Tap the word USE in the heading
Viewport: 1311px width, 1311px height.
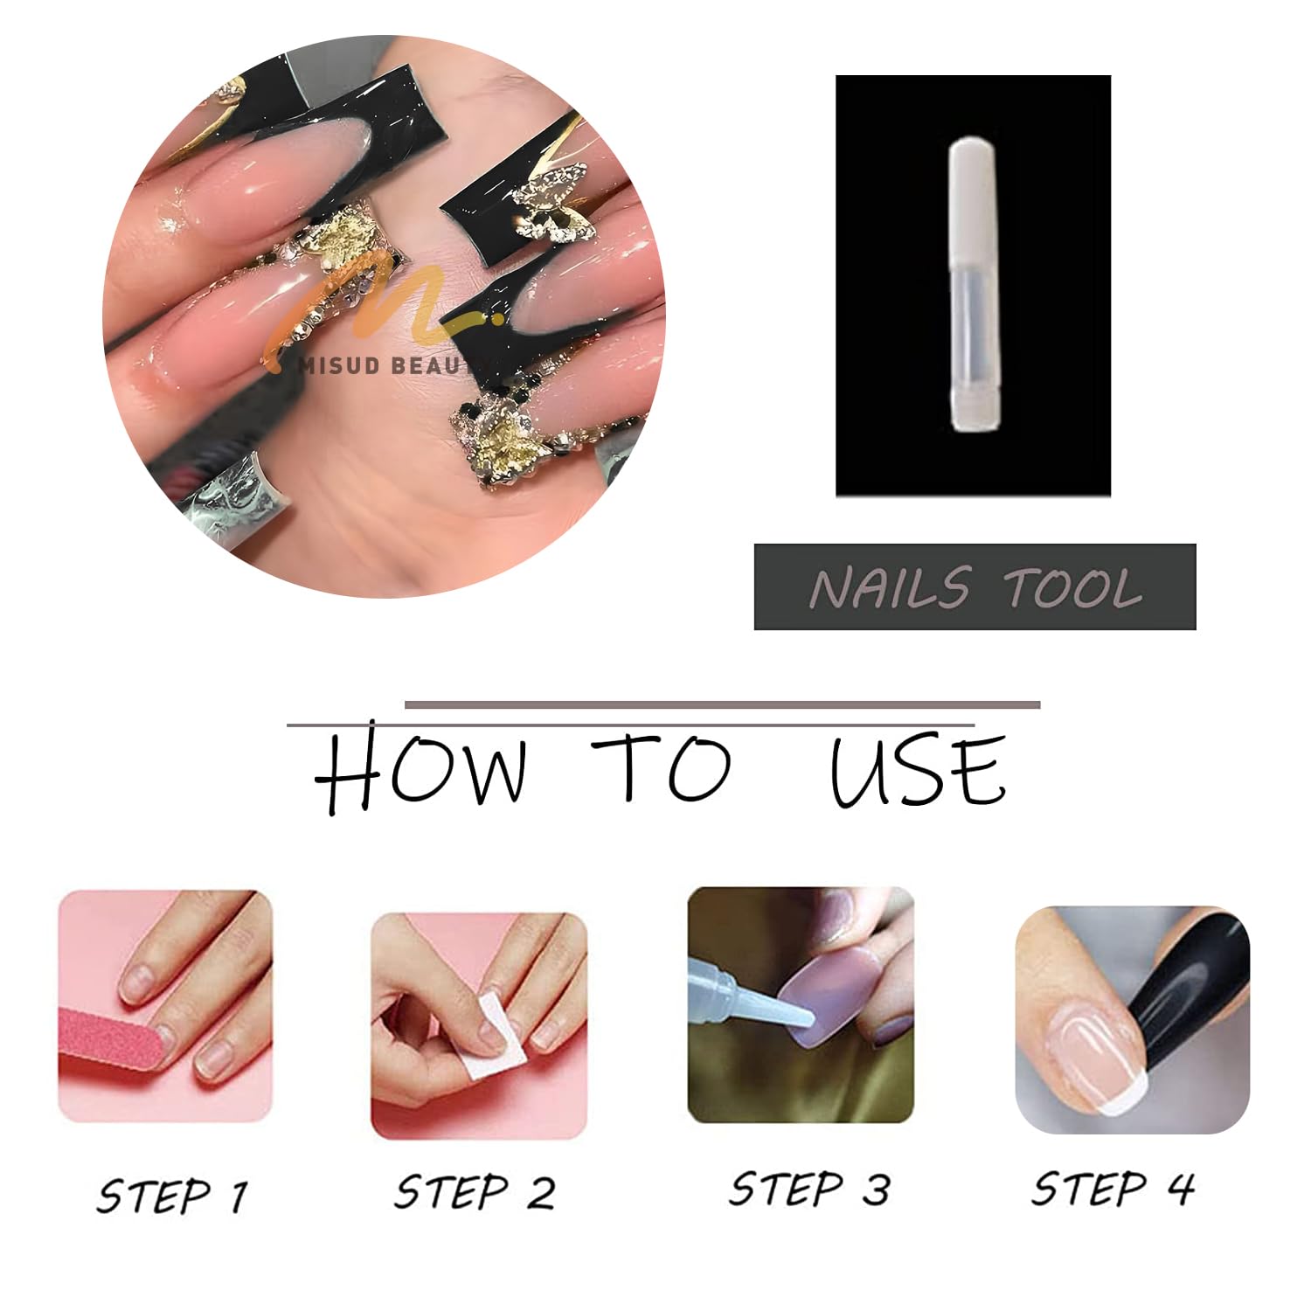(x=918, y=770)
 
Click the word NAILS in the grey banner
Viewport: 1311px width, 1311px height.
(x=889, y=587)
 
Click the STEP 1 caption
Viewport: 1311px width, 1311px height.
(x=172, y=1196)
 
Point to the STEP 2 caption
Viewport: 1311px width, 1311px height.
(x=475, y=1192)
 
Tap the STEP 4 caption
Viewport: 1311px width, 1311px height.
(x=1113, y=1189)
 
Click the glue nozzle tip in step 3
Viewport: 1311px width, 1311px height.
(x=808, y=1018)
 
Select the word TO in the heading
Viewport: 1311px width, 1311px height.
(x=662, y=768)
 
